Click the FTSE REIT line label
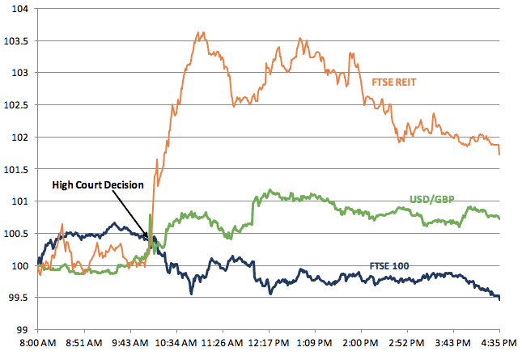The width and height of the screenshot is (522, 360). [x=396, y=82]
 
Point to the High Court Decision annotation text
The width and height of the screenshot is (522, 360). [x=98, y=184]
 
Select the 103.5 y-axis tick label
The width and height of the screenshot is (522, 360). [x=15, y=40]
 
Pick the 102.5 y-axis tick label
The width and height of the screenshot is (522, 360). [x=15, y=104]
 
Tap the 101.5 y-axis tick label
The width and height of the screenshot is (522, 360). [x=15, y=169]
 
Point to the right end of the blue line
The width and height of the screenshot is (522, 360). [x=499, y=299]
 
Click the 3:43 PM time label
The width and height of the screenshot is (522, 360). [x=456, y=343]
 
